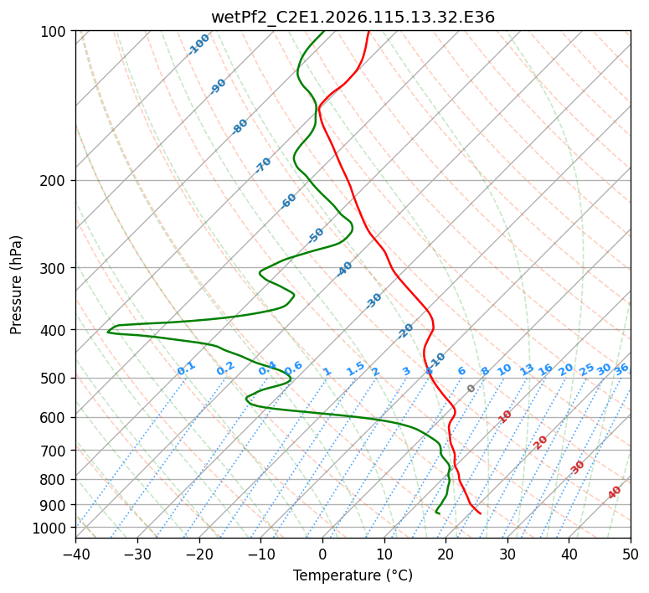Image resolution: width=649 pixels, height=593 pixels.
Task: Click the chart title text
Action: click(x=353, y=17)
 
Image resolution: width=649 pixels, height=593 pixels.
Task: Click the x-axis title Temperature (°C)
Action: click(x=353, y=575)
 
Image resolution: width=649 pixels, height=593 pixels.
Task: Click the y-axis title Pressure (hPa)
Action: click(x=17, y=285)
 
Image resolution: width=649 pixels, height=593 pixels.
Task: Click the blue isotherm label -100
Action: click(x=198, y=44)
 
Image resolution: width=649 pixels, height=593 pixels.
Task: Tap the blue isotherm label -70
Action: click(x=263, y=165)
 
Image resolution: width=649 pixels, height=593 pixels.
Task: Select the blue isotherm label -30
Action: click(x=373, y=301)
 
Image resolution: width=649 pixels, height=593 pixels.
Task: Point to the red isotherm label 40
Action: click(x=615, y=492)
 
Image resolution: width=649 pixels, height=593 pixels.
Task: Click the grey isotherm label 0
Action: click(x=471, y=389)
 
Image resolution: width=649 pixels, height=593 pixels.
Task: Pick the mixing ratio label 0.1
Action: click(x=186, y=369)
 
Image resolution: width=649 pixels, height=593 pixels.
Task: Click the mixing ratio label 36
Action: click(x=621, y=369)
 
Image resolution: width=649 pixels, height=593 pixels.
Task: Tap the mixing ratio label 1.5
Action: click(x=355, y=369)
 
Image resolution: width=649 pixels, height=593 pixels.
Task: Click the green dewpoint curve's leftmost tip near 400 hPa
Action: click(x=108, y=333)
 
